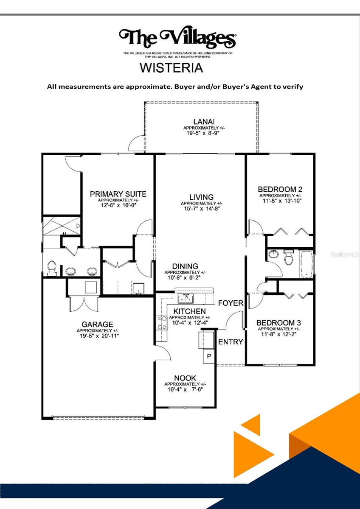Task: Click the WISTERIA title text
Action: [x=171, y=68]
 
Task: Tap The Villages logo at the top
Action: [x=177, y=38]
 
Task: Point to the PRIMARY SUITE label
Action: [x=118, y=194]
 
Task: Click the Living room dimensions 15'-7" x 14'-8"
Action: [x=201, y=208]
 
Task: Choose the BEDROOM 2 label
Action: [x=280, y=189]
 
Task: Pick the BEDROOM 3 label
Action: [x=278, y=323]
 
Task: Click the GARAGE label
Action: [x=97, y=324]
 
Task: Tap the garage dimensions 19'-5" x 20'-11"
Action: [x=98, y=336]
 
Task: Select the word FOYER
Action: [x=231, y=303]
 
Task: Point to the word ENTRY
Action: [x=231, y=342]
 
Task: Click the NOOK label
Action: [x=185, y=378]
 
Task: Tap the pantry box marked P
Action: [x=209, y=356]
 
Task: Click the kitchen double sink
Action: [x=186, y=299]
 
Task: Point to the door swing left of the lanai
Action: [x=136, y=145]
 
